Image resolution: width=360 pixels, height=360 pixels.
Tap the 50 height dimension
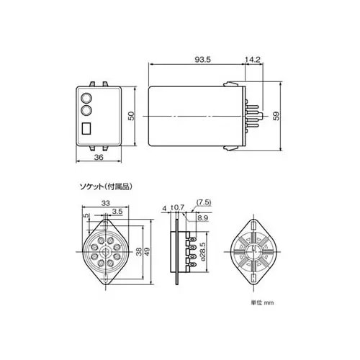(x=131, y=116)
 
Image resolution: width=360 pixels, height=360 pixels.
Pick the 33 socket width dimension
(x=105, y=204)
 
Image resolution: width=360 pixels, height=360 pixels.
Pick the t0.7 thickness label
(x=179, y=209)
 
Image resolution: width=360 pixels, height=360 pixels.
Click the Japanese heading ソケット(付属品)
(x=105, y=186)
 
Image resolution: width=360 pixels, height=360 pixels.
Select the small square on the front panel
(x=87, y=130)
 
